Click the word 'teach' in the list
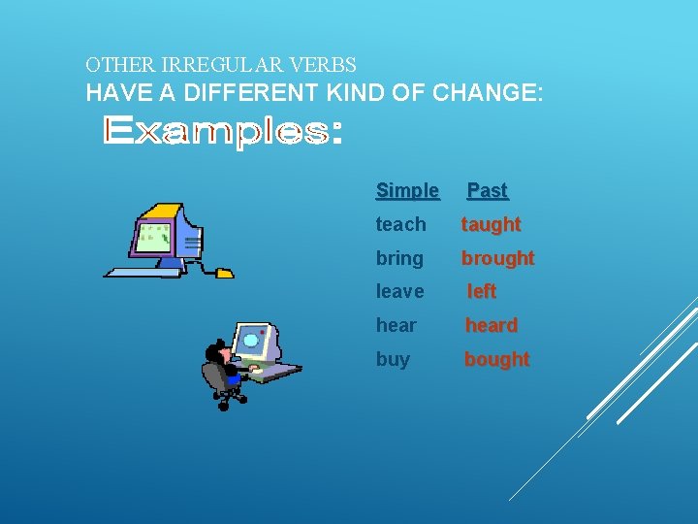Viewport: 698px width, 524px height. click(x=400, y=224)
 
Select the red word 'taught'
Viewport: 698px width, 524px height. click(x=491, y=224)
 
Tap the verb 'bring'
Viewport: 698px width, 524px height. click(x=399, y=258)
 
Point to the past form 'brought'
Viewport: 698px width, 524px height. click(x=497, y=258)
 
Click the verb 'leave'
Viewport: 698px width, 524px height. click(x=399, y=291)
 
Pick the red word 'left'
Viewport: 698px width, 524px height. click(x=482, y=291)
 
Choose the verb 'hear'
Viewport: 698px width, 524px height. click(x=396, y=325)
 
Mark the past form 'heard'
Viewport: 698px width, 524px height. click(x=492, y=325)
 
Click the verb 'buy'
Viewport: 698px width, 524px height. click(x=393, y=359)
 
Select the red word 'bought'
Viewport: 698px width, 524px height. click(x=496, y=359)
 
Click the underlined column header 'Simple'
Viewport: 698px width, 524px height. click(x=407, y=190)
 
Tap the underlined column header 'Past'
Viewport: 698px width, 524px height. click(x=487, y=190)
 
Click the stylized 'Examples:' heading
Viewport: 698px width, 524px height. click(x=222, y=131)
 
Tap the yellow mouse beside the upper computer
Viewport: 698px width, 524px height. click(x=224, y=273)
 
